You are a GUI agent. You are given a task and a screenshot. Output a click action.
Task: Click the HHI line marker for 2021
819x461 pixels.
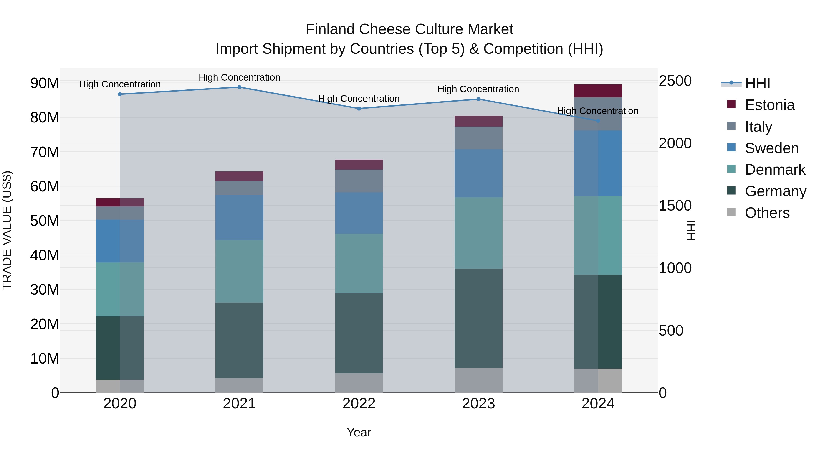point(239,87)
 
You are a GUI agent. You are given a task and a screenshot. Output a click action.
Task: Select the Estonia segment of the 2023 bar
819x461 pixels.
point(478,121)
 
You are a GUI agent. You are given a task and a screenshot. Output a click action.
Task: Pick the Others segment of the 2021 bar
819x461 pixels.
point(239,385)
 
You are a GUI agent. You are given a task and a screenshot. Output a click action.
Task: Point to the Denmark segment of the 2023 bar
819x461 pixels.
point(478,233)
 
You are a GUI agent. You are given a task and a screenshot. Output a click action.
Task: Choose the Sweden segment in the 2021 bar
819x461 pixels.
point(239,217)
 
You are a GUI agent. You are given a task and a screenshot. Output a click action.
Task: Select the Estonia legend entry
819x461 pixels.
point(769,105)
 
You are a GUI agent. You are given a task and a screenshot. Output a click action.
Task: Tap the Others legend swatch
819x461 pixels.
point(731,212)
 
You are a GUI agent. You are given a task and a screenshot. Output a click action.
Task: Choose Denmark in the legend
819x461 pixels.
point(775,170)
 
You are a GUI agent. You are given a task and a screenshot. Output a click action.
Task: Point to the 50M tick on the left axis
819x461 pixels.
point(45,221)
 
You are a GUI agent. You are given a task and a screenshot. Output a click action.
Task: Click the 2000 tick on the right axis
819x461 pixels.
point(675,143)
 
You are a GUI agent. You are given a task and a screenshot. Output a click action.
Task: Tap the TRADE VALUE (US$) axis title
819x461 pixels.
point(7,230)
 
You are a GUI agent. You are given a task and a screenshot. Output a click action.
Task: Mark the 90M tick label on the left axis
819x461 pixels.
point(45,83)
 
